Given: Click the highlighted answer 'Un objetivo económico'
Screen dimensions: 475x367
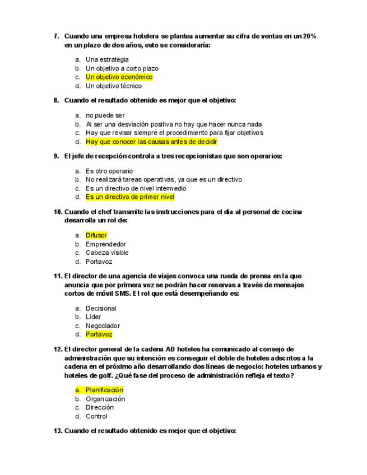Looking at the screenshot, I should pyautogui.click(x=119, y=77).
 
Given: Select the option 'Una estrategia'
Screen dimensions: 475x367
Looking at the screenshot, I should pyautogui.click(x=107, y=59).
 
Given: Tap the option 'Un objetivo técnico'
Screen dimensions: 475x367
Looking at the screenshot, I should pyautogui.click(x=114, y=86).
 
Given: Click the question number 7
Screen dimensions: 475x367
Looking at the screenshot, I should pyautogui.click(x=56, y=36).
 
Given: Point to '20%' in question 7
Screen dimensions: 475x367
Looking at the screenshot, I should pyautogui.click(x=309, y=36).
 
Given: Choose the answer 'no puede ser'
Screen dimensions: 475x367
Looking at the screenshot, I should pyautogui.click(x=105, y=115).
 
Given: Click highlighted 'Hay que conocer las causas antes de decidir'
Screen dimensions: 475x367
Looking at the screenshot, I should pyautogui.click(x=151, y=142).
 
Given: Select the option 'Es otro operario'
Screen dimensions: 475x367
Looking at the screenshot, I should pyautogui.click(x=109, y=171).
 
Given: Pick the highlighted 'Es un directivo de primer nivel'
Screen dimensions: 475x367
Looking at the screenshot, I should pyautogui.click(x=130, y=197).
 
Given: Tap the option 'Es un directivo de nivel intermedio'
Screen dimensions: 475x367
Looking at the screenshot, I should pyautogui.click(x=136, y=188).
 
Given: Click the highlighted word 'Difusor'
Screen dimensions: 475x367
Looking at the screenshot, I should pyautogui.click(x=96, y=235).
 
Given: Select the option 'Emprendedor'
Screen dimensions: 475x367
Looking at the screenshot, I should pyautogui.click(x=106, y=244).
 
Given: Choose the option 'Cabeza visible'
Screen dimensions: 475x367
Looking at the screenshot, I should pyautogui.click(x=107, y=253).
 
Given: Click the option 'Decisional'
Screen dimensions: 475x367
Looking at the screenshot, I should pyautogui.click(x=101, y=308).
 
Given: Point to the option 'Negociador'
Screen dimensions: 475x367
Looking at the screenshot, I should pyautogui.click(x=103, y=325).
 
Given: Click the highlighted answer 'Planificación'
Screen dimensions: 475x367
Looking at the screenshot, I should pyautogui.click(x=104, y=390).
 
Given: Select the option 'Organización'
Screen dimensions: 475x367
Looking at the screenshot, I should pyautogui.click(x=105, y=399).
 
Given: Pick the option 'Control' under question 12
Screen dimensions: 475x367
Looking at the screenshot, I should pyautogui.click(x=96, y=416).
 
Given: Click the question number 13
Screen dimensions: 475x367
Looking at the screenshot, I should pyautogui.click(x=58, y=431).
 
